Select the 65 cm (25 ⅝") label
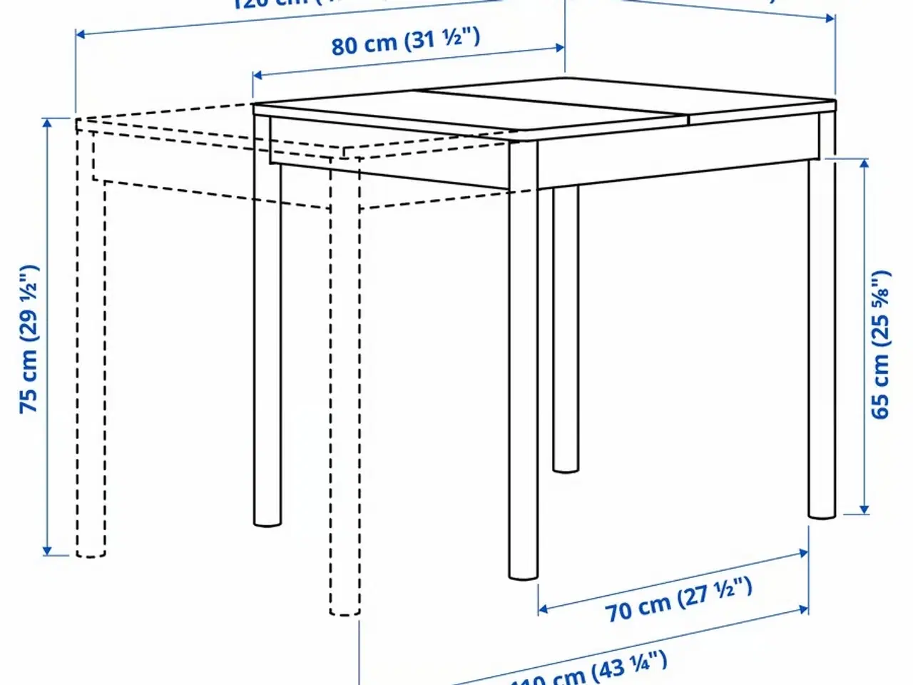coord(882,344)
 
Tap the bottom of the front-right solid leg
coord(524,572)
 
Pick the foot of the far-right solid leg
coord(822,511)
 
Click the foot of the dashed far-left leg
coord(91,550)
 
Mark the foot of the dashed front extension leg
coord(345,609)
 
